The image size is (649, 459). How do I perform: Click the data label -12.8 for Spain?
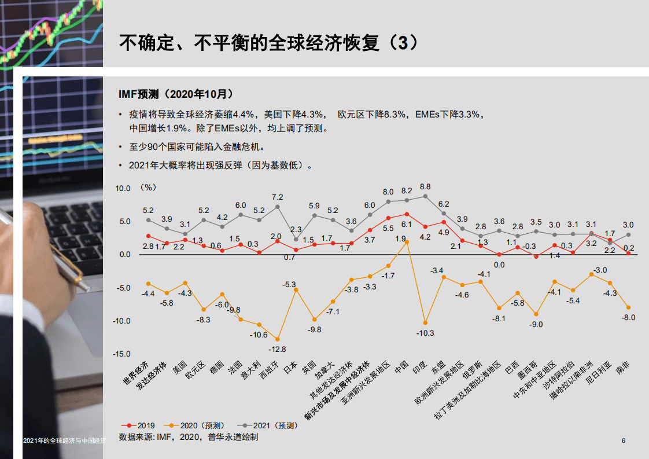[x=277, y=349]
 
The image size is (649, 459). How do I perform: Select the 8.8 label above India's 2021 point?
[x=425, y=186]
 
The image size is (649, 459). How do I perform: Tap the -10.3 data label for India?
[x=425, y=333]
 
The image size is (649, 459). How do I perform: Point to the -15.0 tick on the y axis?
[x=123, y=354]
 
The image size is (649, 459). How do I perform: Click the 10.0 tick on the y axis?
[x=123, y=188]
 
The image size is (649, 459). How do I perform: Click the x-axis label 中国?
[x=402, y=367]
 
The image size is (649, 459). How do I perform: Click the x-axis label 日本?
[x=290, y=367]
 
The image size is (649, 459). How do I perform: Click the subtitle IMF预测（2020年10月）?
[x=176, y=93]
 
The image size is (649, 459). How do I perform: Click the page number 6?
[x=624, y=441]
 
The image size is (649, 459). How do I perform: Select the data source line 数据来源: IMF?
[x=188, y=437]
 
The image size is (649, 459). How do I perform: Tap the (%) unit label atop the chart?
[x=148, y=188]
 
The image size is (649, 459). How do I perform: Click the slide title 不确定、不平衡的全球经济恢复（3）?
[x=268, y=43]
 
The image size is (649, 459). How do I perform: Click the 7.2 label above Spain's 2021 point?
[x=278, y=197]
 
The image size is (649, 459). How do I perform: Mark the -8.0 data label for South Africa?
[x=629, y=317]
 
